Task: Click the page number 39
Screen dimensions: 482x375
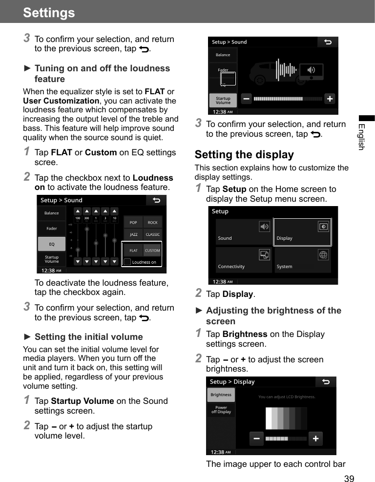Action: [349, 478]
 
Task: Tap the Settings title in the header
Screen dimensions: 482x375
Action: [49, 12]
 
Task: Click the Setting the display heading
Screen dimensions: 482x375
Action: [244, 155]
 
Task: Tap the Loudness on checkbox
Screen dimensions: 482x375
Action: [127, 262]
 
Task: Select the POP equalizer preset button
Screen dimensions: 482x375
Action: [133, 223]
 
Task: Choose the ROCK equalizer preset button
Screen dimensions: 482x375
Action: [152, 223]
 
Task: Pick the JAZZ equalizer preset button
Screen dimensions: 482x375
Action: [133, 235]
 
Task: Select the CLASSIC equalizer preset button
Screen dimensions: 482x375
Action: [152, 235]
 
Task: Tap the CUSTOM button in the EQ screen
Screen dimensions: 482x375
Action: [152, 251]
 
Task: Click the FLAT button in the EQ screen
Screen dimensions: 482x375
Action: [133, 251]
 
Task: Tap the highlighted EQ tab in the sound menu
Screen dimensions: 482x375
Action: [51, 244]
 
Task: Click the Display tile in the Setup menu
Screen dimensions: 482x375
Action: [302, 232]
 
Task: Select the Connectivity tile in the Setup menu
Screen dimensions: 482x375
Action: [244, 260]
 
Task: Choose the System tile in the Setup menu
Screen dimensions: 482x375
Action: [302, 260]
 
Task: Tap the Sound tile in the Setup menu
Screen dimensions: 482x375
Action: [244, 232]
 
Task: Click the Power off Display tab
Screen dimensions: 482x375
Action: [221, 410]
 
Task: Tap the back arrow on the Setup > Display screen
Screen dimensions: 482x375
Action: [326, 382]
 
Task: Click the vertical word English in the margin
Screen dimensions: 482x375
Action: [361, 137]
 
